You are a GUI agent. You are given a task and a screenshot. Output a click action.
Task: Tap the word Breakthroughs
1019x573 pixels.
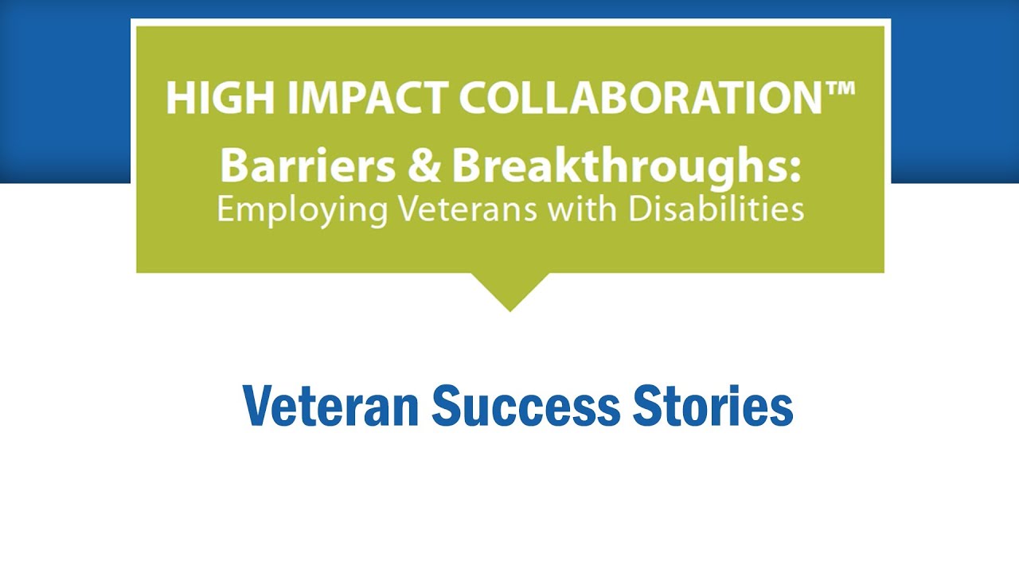tap(617, 166)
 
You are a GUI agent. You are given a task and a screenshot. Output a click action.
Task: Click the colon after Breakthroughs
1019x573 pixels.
tap(795, 169)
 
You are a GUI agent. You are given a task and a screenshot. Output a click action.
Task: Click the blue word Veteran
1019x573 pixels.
tap(331, 406)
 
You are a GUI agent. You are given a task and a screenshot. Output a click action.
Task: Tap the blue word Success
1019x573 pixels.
tap(525, 406)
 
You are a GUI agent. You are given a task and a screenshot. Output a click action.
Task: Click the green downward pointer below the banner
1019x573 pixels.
tap(509, 290)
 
